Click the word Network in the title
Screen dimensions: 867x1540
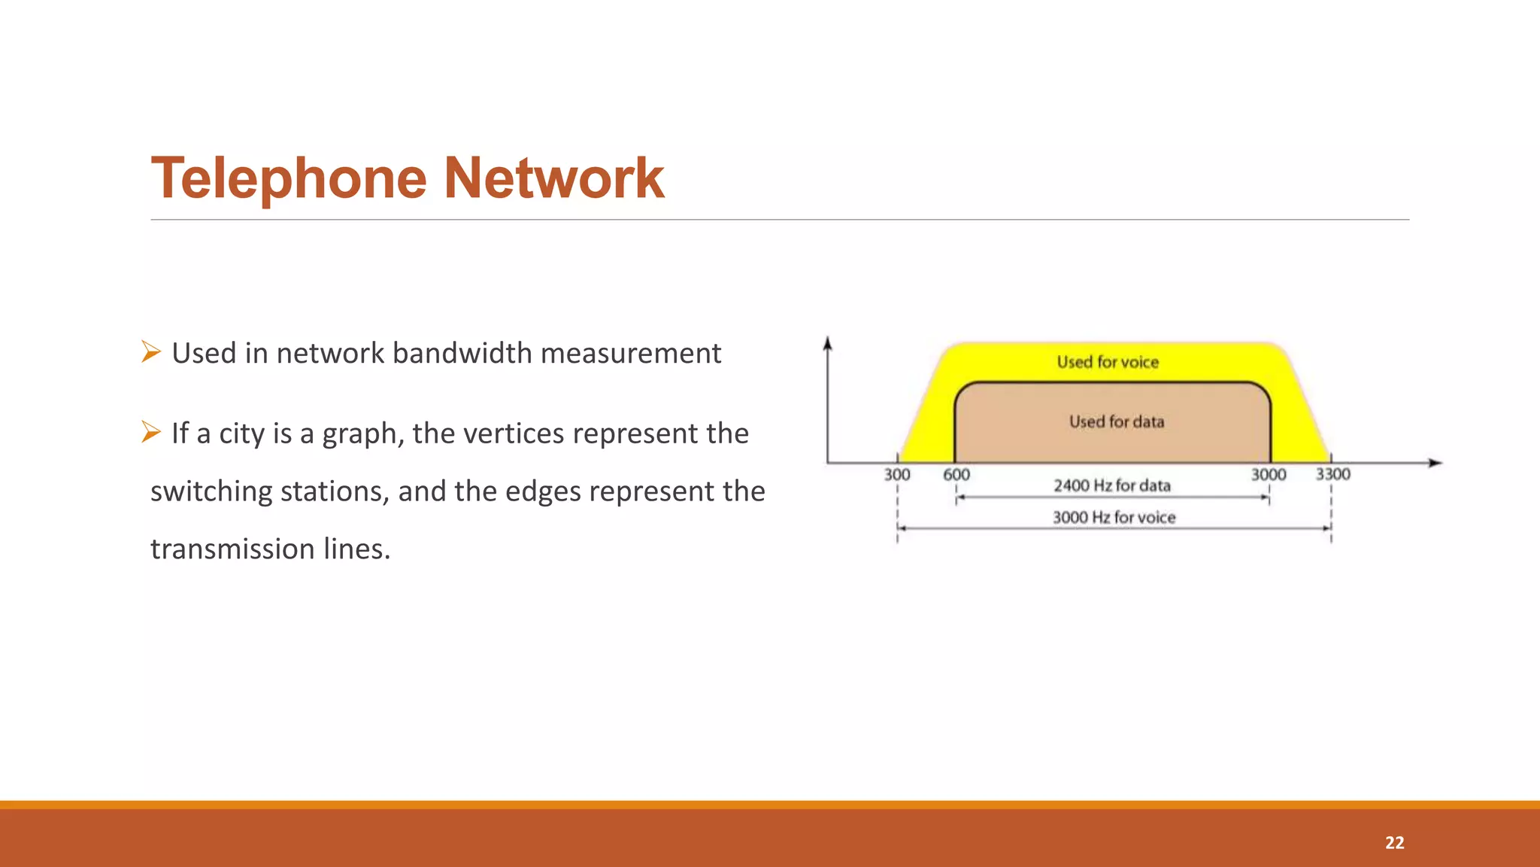click(x=553, y=179)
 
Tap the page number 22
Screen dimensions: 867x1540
click(x=1394, y=843)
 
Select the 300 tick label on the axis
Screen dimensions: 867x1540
click(x=896, y=475)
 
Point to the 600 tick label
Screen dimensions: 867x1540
click(x=956, y=475)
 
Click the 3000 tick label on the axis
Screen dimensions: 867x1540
click(x=1269, y=475)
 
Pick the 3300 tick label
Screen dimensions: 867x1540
click(x=1332, y=474)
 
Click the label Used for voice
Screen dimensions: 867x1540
click(x=1108, y=362)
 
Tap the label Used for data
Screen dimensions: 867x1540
click(x=1117, y=421)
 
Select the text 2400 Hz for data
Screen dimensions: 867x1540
click(x=1112, y=485)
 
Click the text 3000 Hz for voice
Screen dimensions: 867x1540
click(x=1114, y=518)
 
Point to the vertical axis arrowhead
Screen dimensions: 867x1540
click(x=827, y=342)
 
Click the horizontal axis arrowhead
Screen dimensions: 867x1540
click(x=1435, y=463)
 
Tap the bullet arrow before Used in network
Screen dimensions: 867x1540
click(x=150, y=351)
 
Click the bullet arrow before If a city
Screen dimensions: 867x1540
click(x=150, y=432)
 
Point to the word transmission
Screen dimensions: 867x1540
click(x=232, y=549)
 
